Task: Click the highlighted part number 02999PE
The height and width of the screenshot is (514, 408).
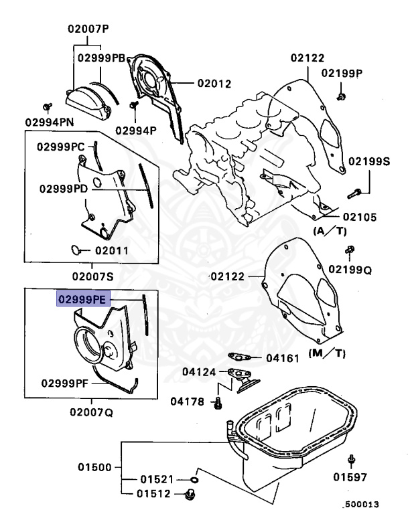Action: (82, 300)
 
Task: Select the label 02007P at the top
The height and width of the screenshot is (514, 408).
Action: (88, 29)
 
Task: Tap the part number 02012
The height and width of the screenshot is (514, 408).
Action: (214, 84)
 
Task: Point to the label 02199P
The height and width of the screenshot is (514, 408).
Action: (342, 72)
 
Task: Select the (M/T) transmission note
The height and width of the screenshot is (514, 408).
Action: (327, 353)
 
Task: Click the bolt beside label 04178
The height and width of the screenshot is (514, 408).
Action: (216, 403)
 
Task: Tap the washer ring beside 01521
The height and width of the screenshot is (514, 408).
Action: (194, 479)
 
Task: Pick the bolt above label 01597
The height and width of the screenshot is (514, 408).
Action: (352, 460)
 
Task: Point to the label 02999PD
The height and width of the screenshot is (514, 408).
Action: (64, 188)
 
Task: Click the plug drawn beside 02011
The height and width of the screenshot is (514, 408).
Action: (77, 250)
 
